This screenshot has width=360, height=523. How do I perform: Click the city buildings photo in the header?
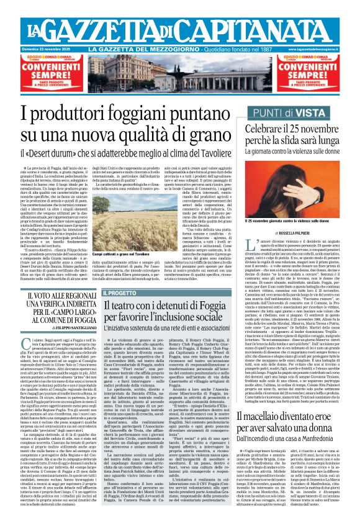click(180, 73)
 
